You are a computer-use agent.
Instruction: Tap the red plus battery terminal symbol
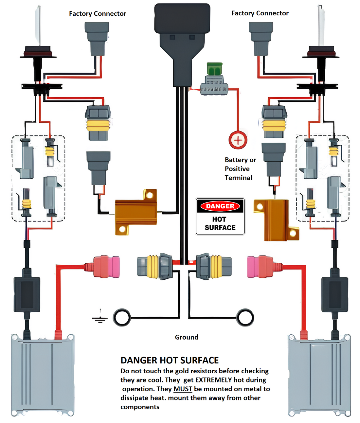(238, 140)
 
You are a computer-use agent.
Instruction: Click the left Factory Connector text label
(98, 14)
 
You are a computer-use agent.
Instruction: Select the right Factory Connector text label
(260, 13)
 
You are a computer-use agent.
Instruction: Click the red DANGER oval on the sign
(220, 206)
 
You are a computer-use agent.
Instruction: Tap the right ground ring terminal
(245, 317)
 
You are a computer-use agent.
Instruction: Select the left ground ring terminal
(122, 317)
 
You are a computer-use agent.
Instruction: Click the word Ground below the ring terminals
(187, 337)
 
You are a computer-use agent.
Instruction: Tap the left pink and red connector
(106, 267)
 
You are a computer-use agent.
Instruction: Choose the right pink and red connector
(260, 267)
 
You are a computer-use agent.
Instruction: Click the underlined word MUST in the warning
(183, 389)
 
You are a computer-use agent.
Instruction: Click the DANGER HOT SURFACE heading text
(170, 361)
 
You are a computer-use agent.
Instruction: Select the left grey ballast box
(43, 376)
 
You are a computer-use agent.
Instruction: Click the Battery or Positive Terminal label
(240, 169)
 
